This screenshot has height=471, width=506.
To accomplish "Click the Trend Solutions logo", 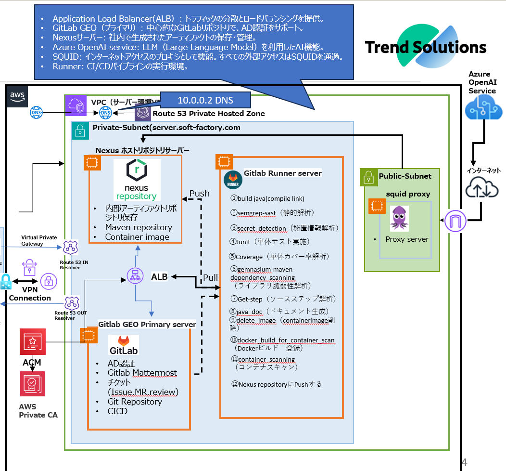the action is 426,46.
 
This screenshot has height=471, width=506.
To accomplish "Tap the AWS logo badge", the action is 17,96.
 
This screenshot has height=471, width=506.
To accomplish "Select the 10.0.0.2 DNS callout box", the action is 205,100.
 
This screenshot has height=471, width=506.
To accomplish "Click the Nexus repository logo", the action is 137,180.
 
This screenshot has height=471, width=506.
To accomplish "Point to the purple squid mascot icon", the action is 399,218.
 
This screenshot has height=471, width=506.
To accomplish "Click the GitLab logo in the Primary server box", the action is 124,345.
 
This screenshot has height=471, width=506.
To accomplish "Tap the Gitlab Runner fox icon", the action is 233,179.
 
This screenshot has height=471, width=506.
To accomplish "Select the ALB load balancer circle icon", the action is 135,276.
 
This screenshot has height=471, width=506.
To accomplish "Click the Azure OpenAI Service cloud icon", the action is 483,108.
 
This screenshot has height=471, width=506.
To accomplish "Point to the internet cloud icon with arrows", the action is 482,188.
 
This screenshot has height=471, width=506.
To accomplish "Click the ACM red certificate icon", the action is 33,341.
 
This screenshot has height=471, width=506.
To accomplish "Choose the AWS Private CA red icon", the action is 32,384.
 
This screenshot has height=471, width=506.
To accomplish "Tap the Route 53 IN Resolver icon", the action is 71,248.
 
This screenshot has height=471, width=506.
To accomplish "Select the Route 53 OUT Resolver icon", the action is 72,303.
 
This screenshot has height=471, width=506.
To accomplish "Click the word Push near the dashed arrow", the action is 200,193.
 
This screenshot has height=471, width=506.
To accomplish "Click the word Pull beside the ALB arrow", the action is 210,277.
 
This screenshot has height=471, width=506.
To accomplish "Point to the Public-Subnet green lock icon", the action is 368,177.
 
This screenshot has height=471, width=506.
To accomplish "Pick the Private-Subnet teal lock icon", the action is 80,131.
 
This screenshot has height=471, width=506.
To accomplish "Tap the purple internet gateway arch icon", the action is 455,221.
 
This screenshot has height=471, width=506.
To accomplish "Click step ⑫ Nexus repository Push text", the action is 277,384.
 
